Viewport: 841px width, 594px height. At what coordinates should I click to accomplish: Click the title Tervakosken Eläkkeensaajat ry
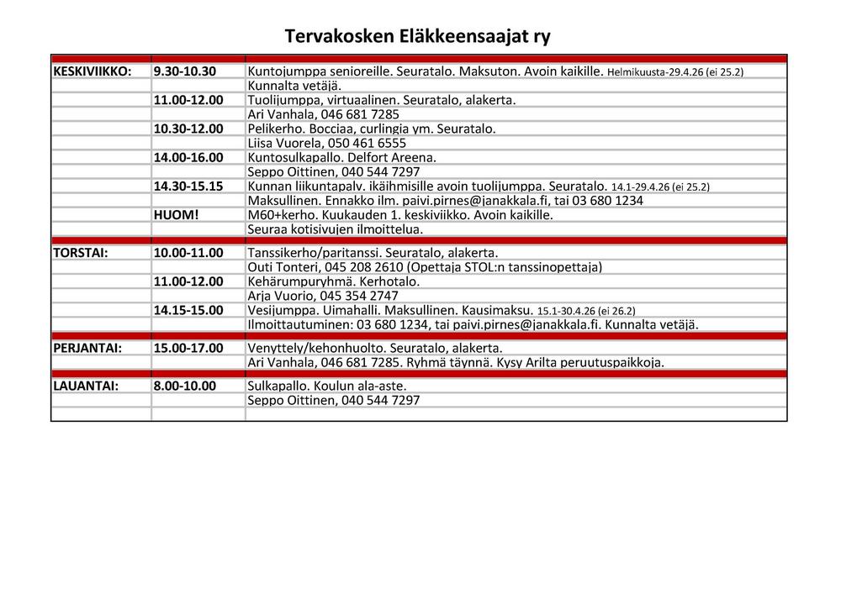click(x=417, y=36)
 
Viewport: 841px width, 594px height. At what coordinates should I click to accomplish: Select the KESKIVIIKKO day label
click(x=92, y=71)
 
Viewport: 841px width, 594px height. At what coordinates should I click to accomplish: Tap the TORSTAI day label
click(x=81, y=252)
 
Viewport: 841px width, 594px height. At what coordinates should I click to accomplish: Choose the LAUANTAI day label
click(x=85, y=386)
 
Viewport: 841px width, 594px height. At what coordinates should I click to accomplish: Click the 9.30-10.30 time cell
click(x=185, y=71)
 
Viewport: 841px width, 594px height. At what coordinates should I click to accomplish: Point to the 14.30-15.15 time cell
click(x=188, y=186)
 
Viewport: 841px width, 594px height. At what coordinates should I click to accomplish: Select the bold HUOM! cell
click(x=176, y=214)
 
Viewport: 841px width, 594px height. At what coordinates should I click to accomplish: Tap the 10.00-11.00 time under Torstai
click(x=188, y=252)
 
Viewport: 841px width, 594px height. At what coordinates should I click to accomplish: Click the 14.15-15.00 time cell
click(x=188, y=310)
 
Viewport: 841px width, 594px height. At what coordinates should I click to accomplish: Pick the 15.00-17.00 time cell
click(x=188, y=348)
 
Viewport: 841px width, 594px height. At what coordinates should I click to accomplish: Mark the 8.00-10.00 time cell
click(x=185, y=386)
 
